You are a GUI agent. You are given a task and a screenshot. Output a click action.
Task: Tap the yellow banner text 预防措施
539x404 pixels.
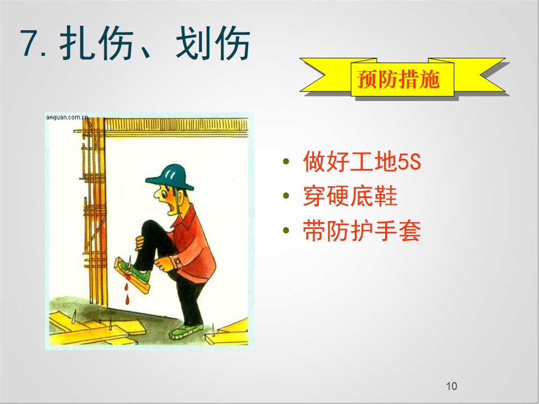coord(399,79)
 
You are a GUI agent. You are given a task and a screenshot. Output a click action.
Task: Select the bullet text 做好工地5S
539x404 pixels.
coord(362,162)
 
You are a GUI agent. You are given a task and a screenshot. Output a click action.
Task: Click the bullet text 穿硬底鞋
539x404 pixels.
coord(350,196)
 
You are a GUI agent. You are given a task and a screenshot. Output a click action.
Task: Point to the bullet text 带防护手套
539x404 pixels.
coord(362,231)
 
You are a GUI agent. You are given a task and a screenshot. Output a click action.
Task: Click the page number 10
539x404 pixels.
coord(451,386)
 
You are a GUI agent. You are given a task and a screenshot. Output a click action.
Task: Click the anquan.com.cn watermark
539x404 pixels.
coord(67,117)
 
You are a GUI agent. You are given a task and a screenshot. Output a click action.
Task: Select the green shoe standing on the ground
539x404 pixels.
coord(186,332)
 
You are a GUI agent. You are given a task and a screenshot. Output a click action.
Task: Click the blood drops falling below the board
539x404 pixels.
coord(127,293)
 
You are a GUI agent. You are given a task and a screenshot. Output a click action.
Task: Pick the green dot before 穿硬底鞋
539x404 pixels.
coord(286,196)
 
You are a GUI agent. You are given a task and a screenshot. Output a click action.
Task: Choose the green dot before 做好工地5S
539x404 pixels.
coord(286,161)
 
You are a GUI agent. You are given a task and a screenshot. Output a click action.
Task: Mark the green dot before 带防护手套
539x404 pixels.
coord(286,230)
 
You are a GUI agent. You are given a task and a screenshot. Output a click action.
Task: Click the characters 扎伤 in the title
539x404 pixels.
coord(97,43)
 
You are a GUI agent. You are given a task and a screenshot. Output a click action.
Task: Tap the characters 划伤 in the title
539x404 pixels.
coord(213,43)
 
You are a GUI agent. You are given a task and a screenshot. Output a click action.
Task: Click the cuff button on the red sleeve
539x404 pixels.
coord(178,262)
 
